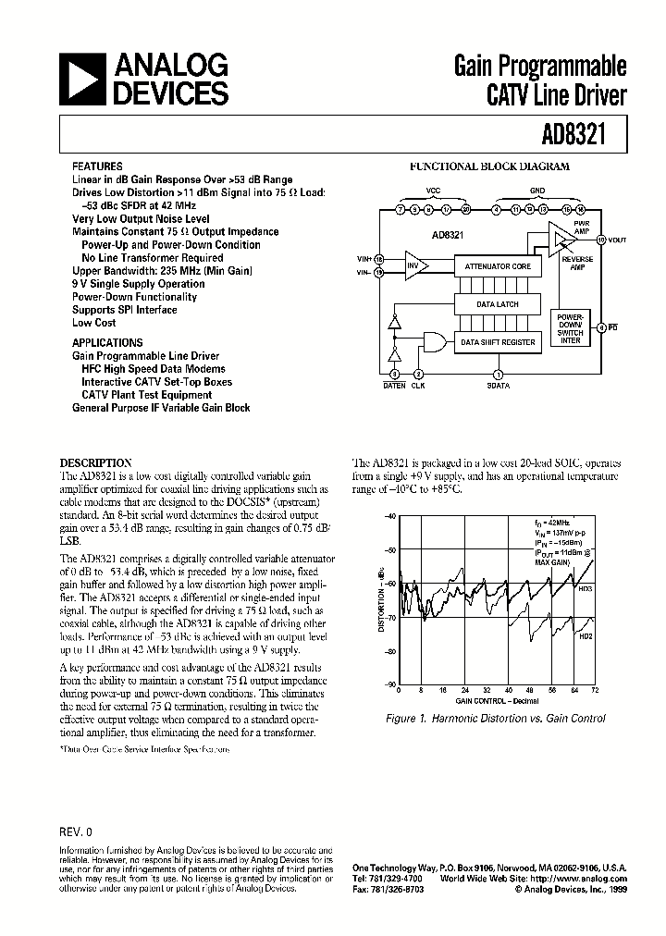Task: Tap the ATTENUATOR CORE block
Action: [x=496, y=266]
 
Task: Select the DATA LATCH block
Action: [x=496, y=304]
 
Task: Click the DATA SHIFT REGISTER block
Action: [x=498, y=342]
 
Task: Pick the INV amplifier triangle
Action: [x=415, y=266]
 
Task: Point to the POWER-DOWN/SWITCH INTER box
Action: [x=570, y=328]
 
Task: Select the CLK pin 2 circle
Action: [x=418, y=374]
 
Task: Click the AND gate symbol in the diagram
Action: [x=432, y=342]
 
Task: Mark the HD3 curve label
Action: [x=586, y=588]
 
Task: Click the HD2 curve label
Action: [x=586, y=637]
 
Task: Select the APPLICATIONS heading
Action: [x=104, y=342]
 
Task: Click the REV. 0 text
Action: [x=76, y=831]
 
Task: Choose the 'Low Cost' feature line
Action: [x=93, y=323]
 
